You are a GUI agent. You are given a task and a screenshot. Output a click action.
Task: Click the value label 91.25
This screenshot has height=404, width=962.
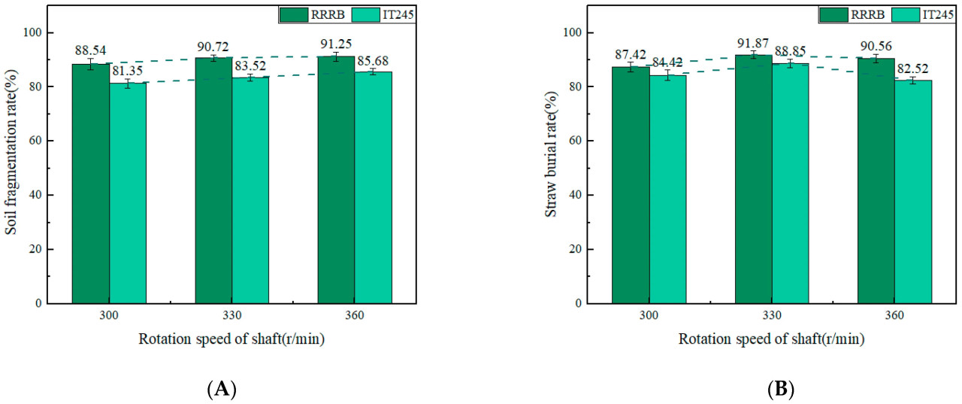coord(335,44)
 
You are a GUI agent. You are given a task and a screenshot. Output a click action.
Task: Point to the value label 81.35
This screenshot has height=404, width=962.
coord(128,71)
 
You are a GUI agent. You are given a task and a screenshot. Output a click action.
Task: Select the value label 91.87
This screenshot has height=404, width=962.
coord(753,43)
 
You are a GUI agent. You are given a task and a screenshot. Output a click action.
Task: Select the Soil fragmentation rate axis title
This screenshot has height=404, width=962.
coord(11,164)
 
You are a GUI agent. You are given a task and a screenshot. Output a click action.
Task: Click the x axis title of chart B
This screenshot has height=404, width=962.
coord(771,339)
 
